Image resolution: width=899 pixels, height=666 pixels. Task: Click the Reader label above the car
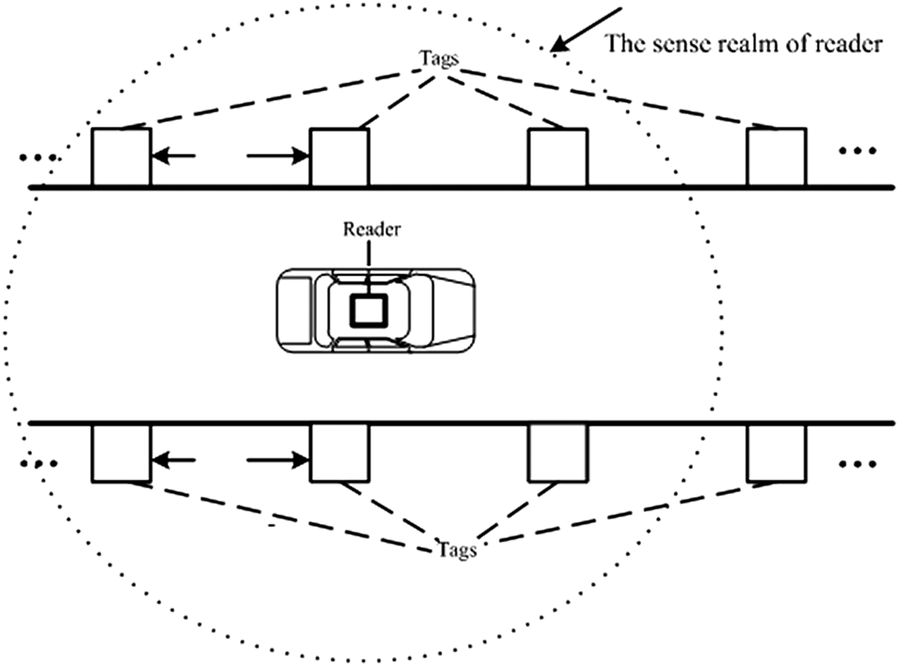point(371,229)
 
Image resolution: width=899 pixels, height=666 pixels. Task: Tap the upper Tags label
point(439,58)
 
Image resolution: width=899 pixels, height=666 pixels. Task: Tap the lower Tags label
point(457,550)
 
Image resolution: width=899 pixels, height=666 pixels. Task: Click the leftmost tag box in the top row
point(121,157)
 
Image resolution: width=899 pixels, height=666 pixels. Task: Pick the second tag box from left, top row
point(339,157)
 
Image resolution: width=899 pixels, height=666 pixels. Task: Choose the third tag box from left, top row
point(557,157)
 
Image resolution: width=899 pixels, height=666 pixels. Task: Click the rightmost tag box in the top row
point(776,157)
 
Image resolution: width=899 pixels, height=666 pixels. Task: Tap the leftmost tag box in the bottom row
point(121,453)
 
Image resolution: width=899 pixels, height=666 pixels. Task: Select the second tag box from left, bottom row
point(339,453)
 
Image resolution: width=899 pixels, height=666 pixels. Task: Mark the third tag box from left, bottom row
point(557,453)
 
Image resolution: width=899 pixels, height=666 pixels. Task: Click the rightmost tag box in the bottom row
point(776,453)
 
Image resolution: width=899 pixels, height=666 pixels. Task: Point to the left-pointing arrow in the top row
point(173,155)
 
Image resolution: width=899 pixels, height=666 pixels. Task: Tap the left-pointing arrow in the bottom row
point(173,460)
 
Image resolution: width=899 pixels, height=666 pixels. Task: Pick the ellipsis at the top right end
point(857,151)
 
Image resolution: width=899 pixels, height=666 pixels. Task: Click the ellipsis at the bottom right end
point(857,464)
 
